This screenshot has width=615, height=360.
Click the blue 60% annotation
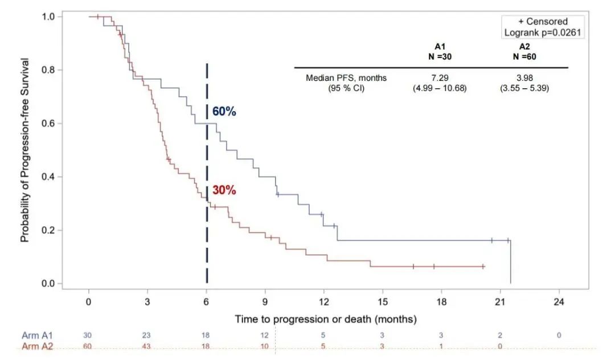pos(224,112)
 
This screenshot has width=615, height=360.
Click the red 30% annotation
pos(224,190)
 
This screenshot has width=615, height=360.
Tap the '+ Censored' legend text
pos(542,22)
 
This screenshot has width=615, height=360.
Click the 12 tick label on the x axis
pos(323,302)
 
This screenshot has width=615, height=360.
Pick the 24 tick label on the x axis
pos(559,302)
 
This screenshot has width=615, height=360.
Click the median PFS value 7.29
pos(440,78)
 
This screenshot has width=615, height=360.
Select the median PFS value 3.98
pos(524,78)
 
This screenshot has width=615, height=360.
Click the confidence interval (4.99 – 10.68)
pos(440,88)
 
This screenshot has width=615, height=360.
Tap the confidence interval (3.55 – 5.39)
pos(524,88)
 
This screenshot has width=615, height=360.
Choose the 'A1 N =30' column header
pos(440,51)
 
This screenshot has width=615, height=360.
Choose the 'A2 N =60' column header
pos(524,51)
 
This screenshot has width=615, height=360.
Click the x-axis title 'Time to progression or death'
pos(326,318)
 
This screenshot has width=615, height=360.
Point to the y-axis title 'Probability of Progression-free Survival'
pos(25,150)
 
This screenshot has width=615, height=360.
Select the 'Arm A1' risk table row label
pos(38,336)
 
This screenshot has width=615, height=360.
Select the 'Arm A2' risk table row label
pos(38,346)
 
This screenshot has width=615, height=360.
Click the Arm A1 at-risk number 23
pos(147,336)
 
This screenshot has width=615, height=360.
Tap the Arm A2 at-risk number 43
pos(147,346)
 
